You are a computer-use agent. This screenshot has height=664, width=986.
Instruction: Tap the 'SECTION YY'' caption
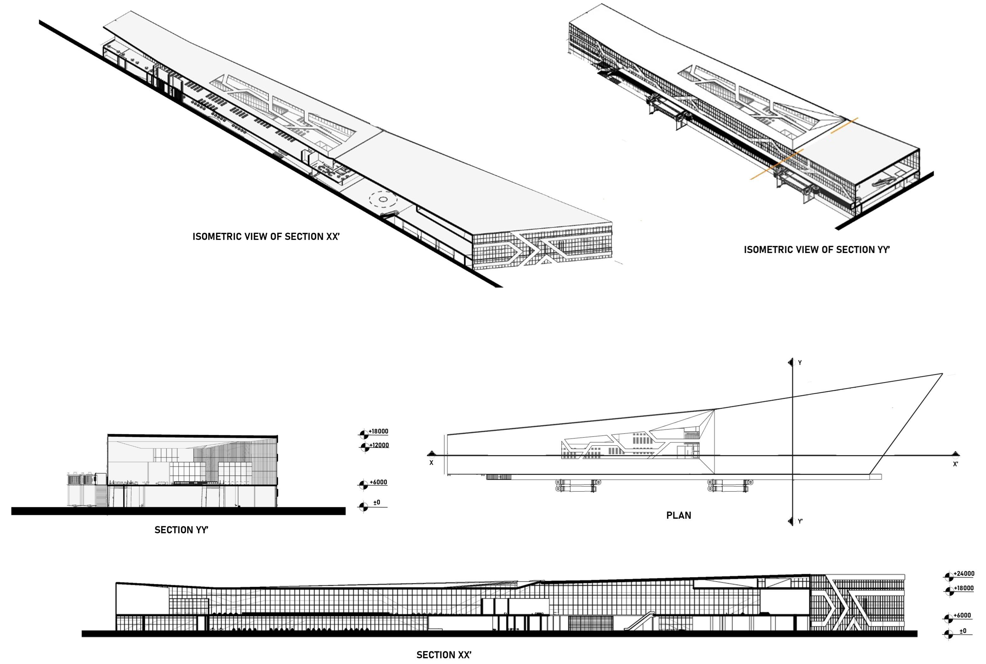(x=181, y=530)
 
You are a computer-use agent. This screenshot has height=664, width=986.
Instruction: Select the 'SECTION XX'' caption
(x=443, y=655)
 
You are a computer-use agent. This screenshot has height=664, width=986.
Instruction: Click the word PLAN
(x=679, y=515)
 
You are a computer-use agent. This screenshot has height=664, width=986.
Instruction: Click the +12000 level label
(x=379, y=445)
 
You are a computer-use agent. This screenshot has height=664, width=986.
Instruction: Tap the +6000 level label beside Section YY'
(x=378, y=482)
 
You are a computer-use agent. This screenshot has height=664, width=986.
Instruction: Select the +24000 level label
(x=964, y=573)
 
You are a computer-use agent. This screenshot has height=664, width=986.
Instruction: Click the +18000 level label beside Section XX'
(x=964, y=588)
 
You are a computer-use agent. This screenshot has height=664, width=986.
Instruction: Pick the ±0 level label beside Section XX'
(x=963, y=630)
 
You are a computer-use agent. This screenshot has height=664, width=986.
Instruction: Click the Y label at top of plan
(x=800, y=362)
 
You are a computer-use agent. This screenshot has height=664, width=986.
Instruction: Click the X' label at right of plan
(x=955, y=464)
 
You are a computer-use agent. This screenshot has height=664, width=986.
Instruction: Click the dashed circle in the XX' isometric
(x=383, y=199)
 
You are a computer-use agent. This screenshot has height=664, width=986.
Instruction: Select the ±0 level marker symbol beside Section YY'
(x=363, y=507)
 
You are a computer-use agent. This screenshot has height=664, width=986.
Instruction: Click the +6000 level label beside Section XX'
(x=962, y=615)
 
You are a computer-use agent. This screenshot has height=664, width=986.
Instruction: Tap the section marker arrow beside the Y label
(x=790, y=362)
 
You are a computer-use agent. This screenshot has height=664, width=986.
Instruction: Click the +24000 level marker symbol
(x=949, y=576)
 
